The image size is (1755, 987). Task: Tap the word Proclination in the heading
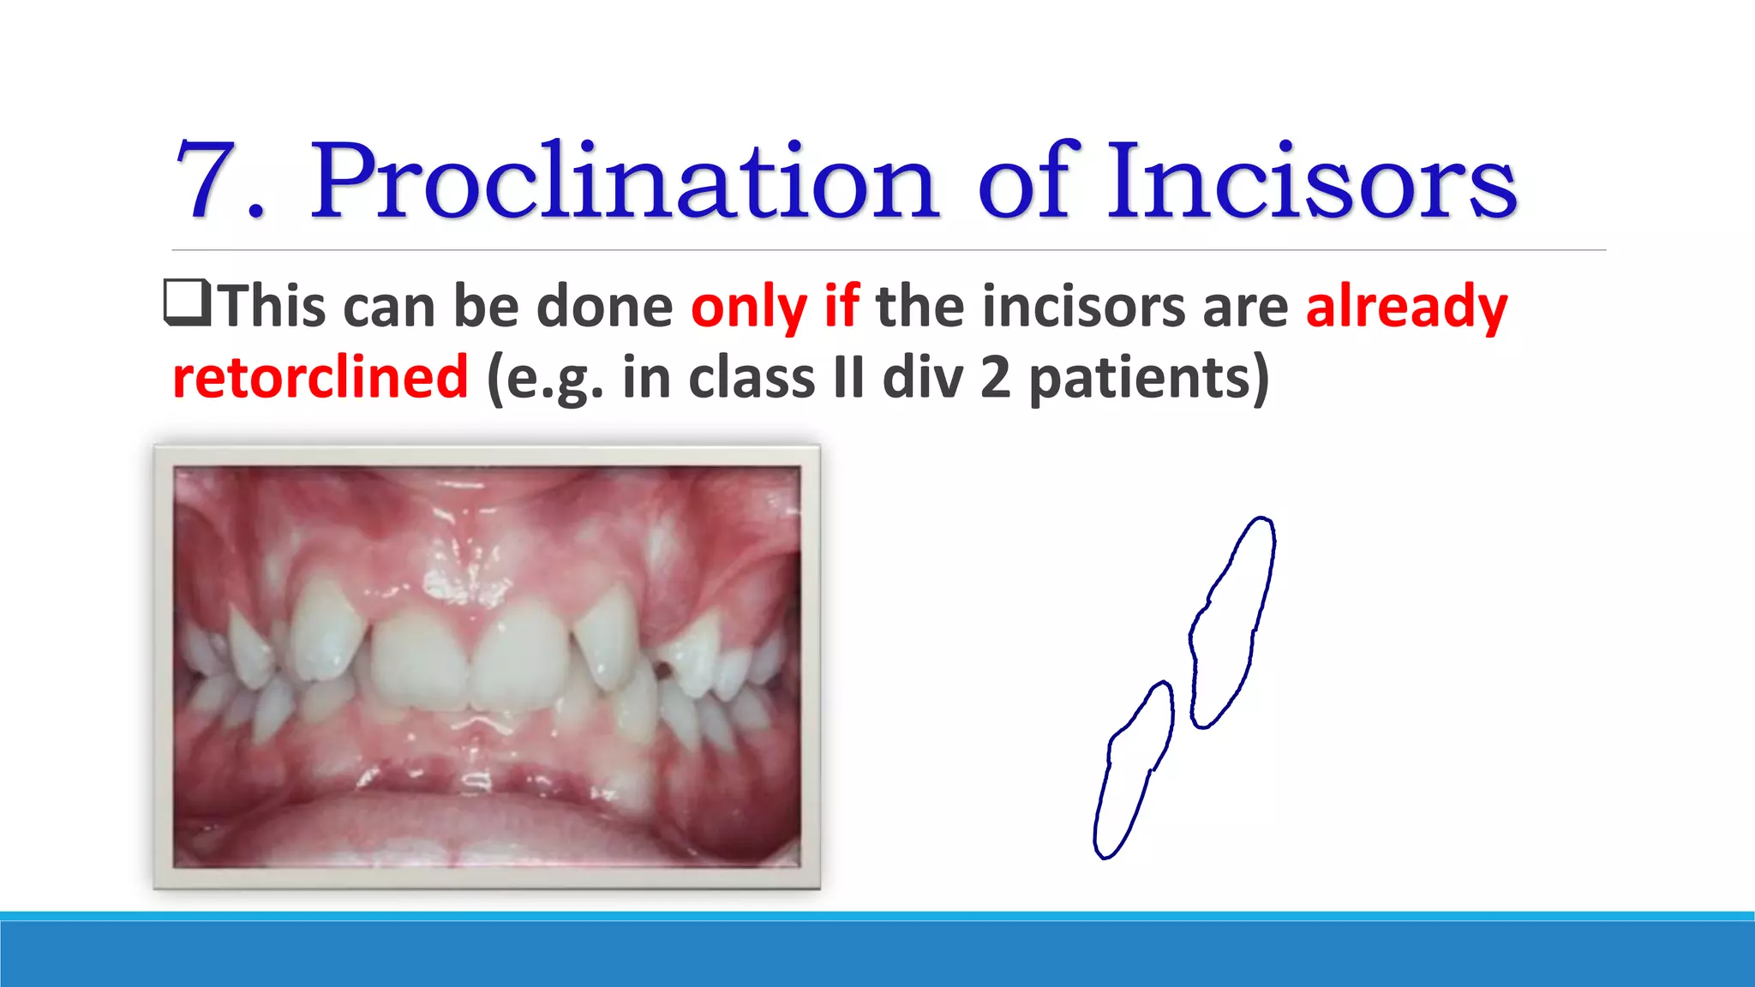pyautogui.click(x=624, y=182)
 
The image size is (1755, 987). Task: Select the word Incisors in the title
pyautogui.click(x=1311, y=182)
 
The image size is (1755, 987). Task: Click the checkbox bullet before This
pyautogui.click(x=187, y=304)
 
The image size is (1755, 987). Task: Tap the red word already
pyautogui.click(x=1406, y=307)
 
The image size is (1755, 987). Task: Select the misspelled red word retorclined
pyautogui.click(x=320, y=377)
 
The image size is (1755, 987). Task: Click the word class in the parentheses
pyautogui.click(x=750, y=377)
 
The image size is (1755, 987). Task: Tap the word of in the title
pyautogui.click(x=1027, y=182)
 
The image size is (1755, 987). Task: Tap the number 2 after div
pyautogui.click(x=995, y=377)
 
